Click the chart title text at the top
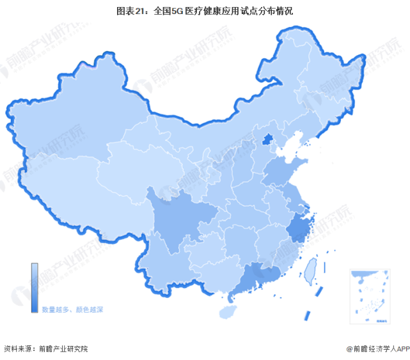(205, 12)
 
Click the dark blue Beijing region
(270, 140)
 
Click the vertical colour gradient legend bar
(35, 288)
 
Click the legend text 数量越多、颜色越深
(72, 309)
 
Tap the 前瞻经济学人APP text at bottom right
(377, 348)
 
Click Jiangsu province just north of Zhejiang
(292, 195)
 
